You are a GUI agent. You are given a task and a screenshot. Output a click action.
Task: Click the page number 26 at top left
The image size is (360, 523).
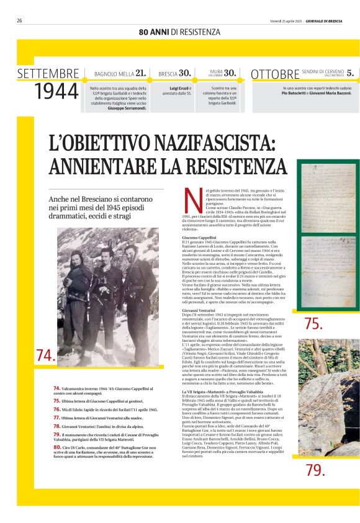19,20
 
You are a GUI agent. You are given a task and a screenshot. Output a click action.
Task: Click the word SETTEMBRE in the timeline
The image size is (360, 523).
48,74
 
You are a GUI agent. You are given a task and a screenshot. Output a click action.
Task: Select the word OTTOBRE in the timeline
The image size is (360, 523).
274,74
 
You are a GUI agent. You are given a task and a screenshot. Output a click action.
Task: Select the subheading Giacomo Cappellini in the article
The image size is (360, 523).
199,238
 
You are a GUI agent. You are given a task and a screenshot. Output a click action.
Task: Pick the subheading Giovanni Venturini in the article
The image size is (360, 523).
199,308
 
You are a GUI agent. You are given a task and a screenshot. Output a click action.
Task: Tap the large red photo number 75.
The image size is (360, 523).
313,323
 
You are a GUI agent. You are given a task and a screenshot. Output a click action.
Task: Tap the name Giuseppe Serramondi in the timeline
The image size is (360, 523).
127,108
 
